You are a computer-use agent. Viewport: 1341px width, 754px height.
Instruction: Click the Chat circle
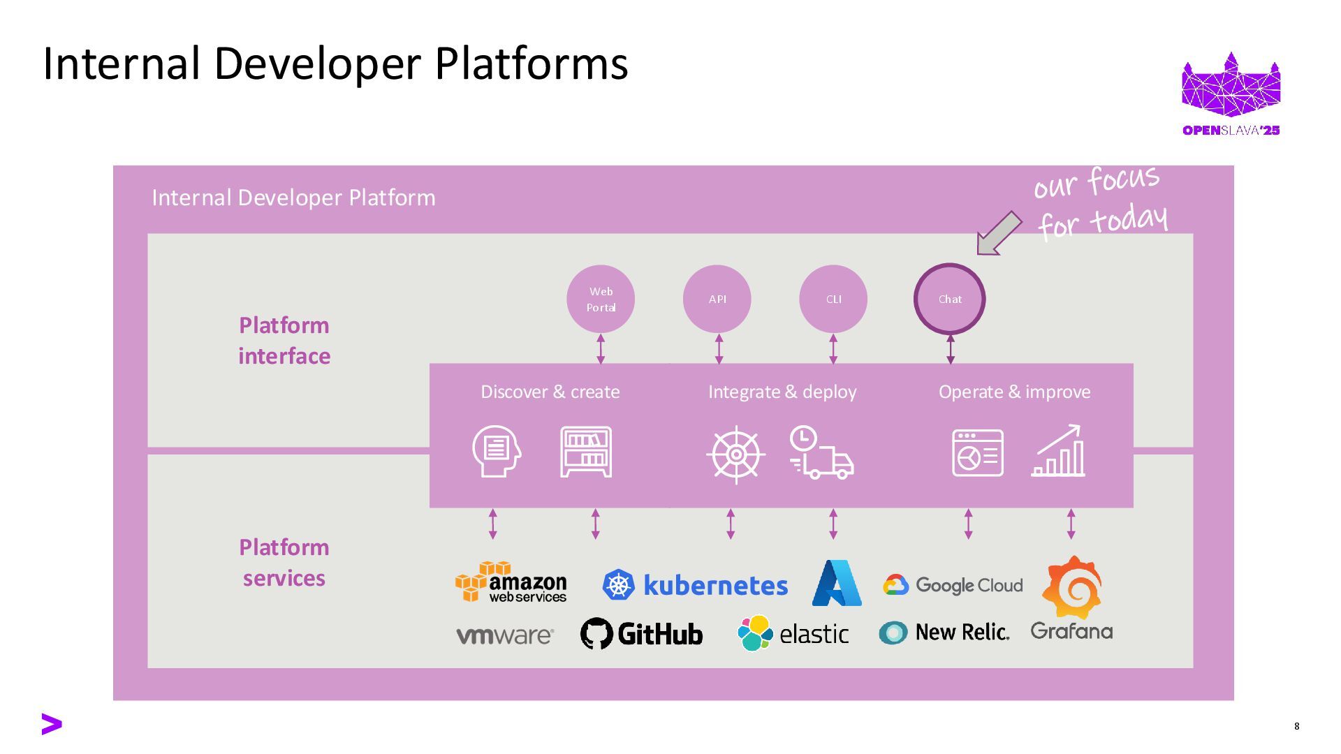point(949,299)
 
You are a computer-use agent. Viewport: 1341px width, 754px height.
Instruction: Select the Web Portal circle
point(601,299)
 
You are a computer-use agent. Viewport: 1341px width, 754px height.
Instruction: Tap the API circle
point(717,299)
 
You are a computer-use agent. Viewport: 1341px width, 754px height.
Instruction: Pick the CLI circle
point(833,299)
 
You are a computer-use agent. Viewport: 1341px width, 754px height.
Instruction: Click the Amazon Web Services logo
point(511,582)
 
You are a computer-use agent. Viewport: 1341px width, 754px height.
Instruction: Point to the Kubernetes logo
point(695,585)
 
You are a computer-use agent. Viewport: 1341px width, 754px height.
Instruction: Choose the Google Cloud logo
point(953,585)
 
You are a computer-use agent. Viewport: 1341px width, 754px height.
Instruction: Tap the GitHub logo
point(641,634)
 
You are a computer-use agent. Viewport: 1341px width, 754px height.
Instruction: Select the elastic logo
point(793,633)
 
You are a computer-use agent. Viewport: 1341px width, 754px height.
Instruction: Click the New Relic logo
point(944,633)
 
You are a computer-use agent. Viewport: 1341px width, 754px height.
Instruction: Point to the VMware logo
point(505,635)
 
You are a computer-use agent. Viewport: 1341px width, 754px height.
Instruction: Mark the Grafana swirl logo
point(1072,587)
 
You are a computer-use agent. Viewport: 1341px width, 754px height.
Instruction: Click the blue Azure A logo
point(837,583)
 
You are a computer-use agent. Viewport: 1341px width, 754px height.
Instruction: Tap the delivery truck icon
point(822,453)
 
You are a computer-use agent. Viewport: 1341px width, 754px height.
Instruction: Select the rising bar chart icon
point(1058,452)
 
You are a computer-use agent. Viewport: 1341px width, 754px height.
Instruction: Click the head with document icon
point(497,452)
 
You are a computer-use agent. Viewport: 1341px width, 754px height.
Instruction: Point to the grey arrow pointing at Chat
point(999,233)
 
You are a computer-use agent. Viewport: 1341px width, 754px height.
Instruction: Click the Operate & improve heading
point(1014,392)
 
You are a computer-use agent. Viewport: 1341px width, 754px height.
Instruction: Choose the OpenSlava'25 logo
point(1231,94)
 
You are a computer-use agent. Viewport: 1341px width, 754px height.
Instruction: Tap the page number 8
point(1297,726)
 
